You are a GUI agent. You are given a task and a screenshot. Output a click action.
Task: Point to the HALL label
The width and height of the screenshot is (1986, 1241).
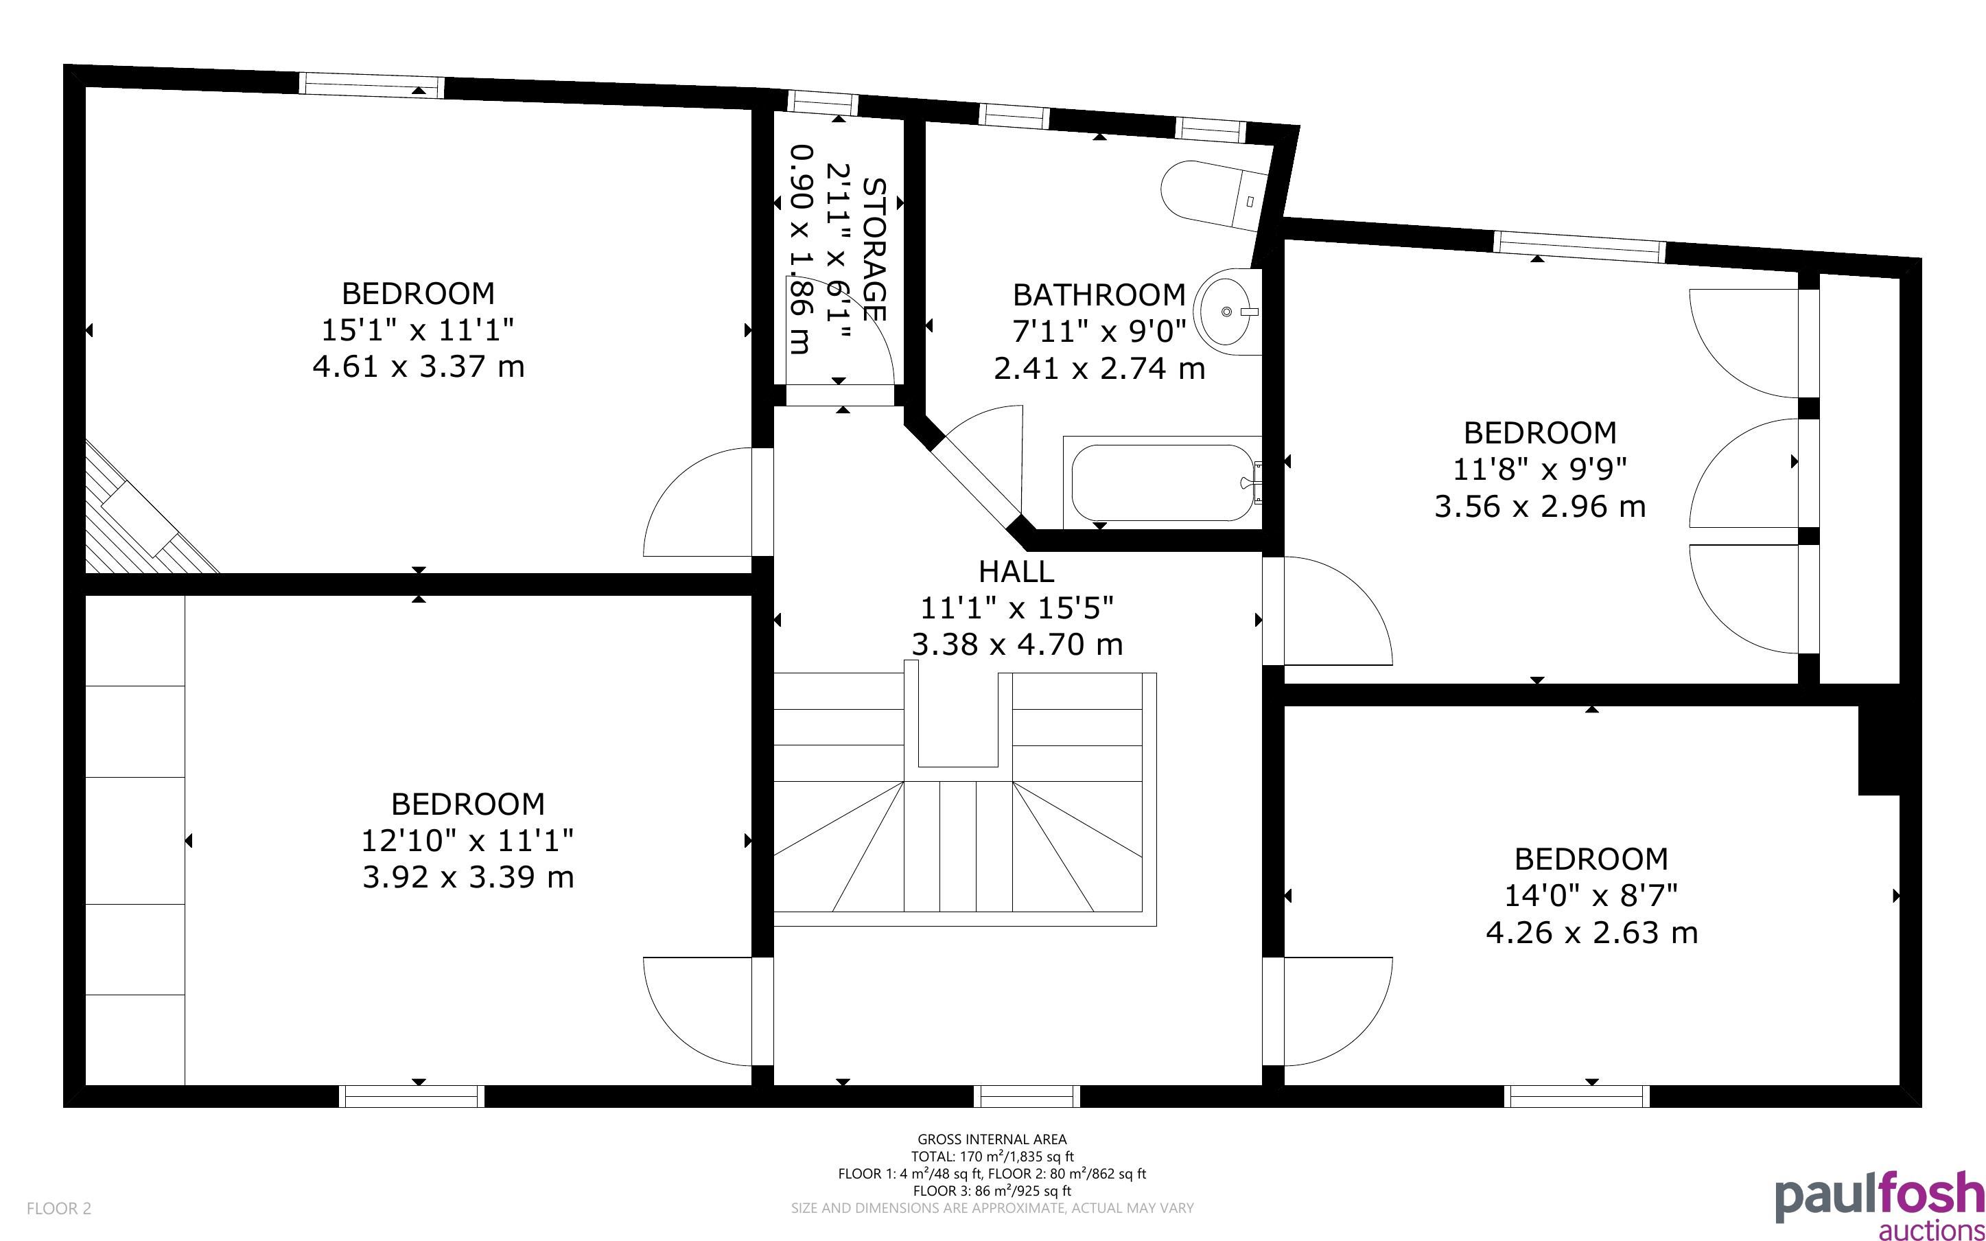1016,570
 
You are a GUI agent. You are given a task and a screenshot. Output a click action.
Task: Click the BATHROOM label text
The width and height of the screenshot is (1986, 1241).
1099,294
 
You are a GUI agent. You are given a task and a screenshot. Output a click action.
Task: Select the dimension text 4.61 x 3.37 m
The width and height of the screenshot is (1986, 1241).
419,366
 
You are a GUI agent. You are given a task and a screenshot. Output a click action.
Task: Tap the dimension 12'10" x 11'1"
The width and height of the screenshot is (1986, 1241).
467,840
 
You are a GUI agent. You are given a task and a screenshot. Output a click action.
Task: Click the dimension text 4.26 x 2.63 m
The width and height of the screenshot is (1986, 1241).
1591,932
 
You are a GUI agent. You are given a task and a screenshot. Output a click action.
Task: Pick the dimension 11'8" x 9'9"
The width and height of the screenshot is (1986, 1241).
1540,469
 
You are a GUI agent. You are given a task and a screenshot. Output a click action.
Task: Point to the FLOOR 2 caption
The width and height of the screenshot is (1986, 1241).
59,1208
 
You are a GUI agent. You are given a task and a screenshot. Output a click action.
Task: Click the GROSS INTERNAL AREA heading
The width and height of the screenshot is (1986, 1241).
992,1139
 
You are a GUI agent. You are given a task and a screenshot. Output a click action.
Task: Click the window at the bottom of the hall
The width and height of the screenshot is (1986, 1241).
1027,1095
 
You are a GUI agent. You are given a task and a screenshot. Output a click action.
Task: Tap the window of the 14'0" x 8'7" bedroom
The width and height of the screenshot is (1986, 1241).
1577,1095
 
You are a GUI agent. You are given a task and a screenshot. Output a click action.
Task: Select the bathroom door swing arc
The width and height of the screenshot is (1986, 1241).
984,460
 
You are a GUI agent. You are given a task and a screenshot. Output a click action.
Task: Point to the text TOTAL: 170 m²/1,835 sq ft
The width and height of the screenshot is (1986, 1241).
992,1157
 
